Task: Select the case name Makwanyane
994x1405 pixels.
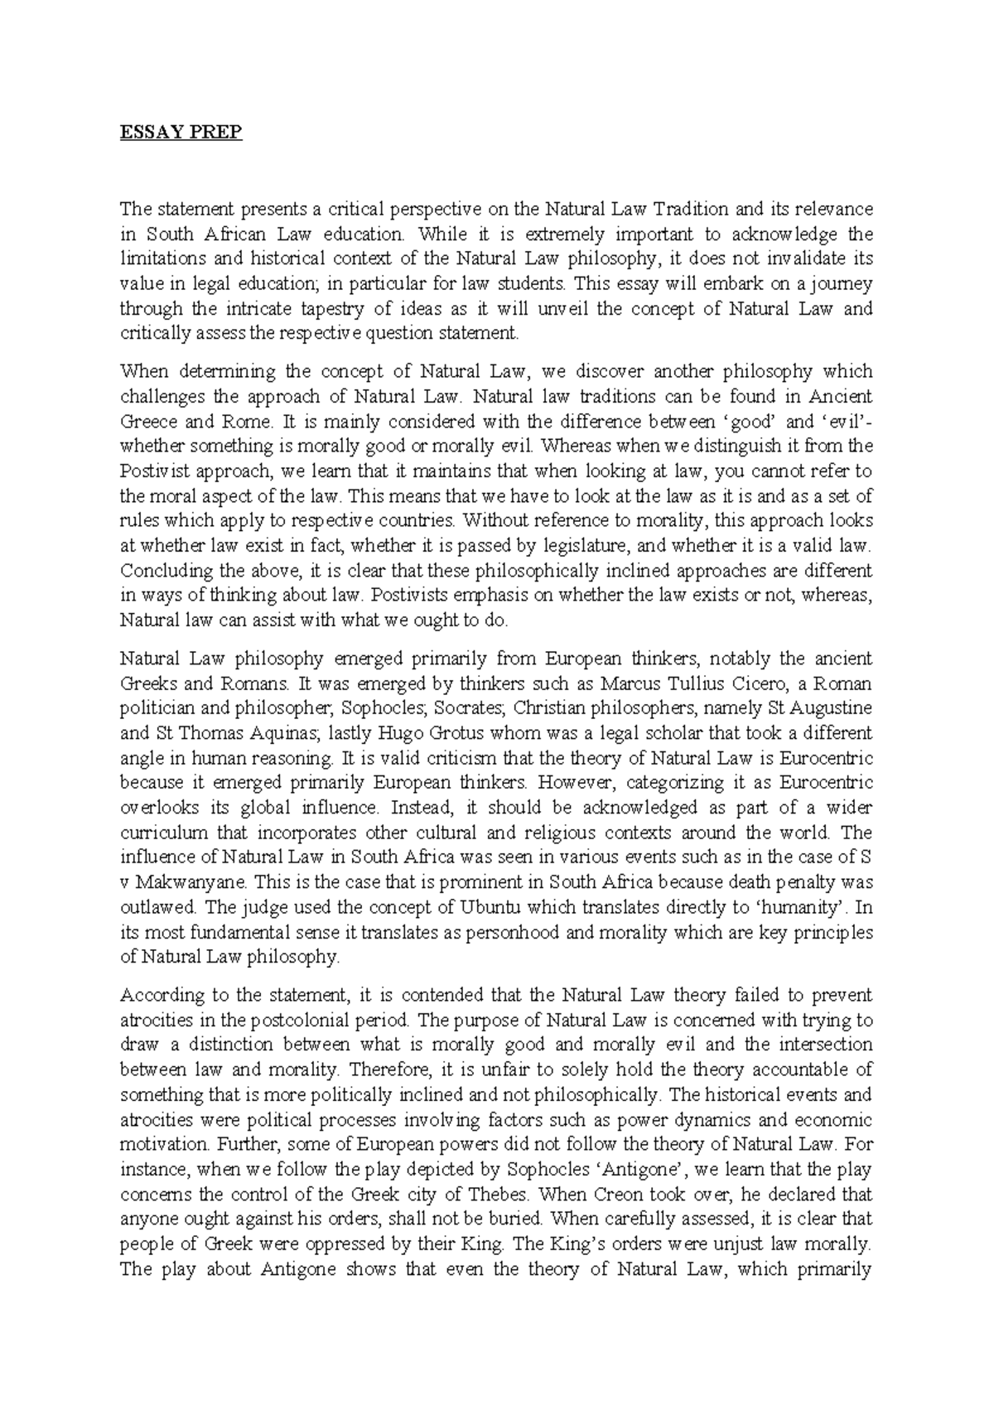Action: [x=181, y=882]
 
